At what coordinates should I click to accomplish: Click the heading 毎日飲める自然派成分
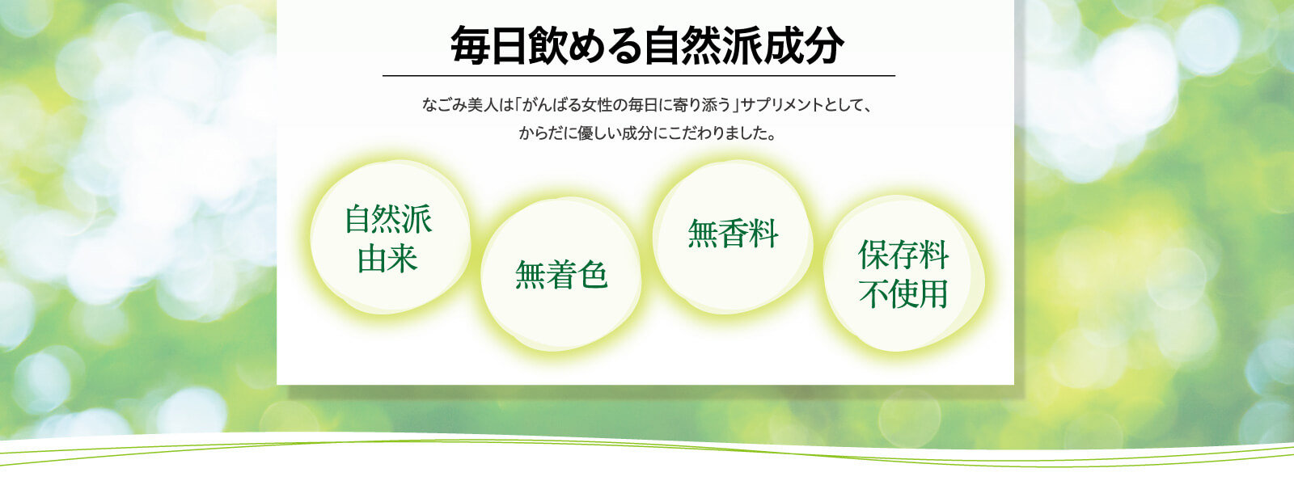647,45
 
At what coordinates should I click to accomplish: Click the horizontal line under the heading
639,76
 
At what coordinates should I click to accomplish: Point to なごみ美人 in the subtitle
460,105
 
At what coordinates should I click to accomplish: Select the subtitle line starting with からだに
647,133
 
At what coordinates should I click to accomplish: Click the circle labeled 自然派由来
390,238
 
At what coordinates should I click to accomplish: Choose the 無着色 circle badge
561,274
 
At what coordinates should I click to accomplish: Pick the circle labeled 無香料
733,237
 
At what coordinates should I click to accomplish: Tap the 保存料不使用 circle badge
904,273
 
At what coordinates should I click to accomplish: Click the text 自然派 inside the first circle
388,219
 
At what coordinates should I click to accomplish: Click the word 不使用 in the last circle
903,294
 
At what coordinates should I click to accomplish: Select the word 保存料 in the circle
903,255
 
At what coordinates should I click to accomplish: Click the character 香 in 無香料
733,234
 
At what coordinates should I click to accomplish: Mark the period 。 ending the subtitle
772,137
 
